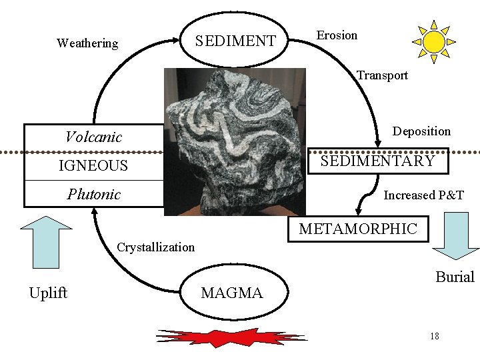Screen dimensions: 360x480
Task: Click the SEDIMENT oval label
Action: point(235,41)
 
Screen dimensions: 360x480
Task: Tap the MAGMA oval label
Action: point(232,293)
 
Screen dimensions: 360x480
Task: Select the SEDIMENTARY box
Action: point(377,161)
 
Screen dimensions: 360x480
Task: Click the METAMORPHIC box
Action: point(358,229)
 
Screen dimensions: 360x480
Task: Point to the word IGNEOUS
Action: point(93,165)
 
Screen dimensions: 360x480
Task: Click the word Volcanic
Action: point(93,137)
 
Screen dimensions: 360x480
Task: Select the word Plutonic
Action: point(93,195)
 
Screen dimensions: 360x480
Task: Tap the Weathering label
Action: point(87,43)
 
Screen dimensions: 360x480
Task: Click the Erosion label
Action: point(337,35)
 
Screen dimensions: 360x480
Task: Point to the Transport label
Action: point(382,75)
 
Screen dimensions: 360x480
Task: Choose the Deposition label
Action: point(421,131)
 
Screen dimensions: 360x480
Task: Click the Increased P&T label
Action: point(423,195)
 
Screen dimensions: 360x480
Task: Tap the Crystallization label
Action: point(155,247)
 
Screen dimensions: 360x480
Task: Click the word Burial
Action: point(455,277)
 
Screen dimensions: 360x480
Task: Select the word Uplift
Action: point(48,293)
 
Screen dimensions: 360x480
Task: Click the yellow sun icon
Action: point(434,41)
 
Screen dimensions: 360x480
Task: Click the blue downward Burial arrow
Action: point(456,235)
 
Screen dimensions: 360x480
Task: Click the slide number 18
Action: point(435,335)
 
